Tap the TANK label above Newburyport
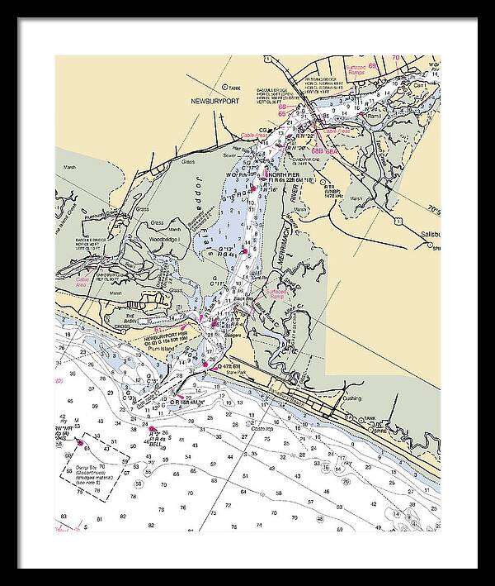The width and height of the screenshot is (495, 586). [234, 86]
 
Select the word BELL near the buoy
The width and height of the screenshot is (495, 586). [149, 443]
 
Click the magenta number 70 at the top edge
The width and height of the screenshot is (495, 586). [396, 58]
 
